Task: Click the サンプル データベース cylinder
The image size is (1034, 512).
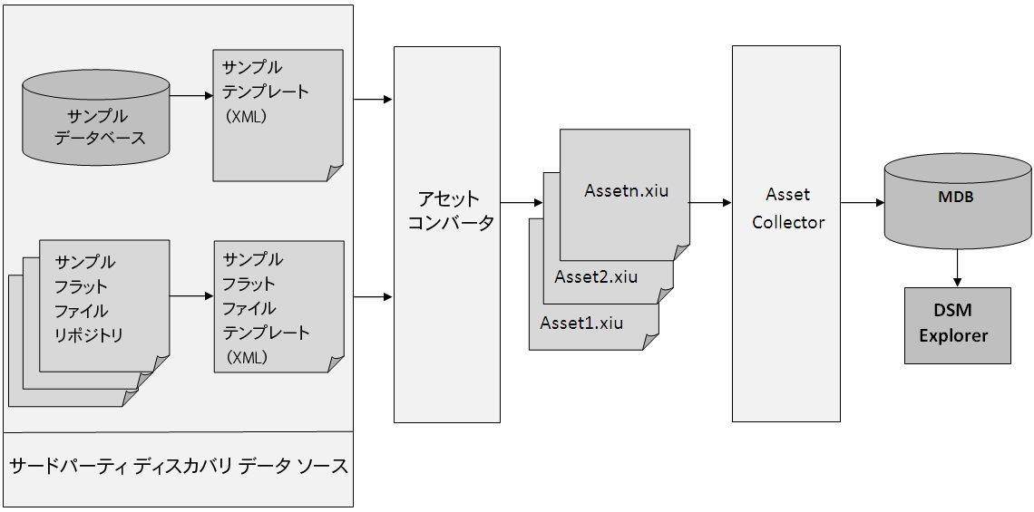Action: [96, 122]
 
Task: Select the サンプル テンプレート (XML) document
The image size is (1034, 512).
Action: [278, 114]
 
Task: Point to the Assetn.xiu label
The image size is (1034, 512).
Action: [626, 191]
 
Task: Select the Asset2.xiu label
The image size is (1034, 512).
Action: [596, 276]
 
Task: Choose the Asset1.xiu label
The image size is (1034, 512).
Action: [581, 323]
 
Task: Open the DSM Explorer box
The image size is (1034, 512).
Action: [957, 325]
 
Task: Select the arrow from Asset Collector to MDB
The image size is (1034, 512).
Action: [863, 203]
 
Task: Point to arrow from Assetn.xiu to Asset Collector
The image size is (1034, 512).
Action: [710, 203]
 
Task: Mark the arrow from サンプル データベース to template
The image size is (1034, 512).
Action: [190, 95]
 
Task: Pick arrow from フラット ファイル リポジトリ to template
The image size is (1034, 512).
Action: [190, 296]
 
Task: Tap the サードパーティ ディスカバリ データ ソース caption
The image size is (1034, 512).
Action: [178, 467]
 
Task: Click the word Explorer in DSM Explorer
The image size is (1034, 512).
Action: [953, 336]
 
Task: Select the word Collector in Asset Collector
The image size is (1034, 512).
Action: [788, 222]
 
